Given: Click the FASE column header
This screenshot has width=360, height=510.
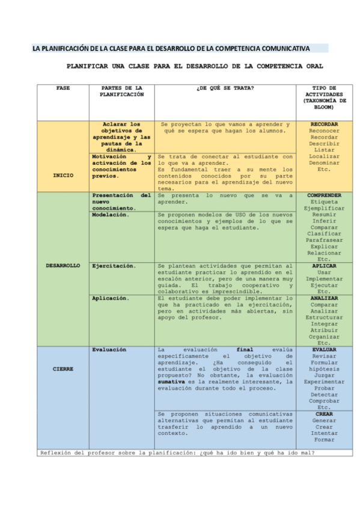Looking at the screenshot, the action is coord(63,88).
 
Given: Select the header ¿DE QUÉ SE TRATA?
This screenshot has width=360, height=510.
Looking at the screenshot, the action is coord(225,88).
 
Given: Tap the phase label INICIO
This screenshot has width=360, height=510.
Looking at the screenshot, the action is coord(63,176).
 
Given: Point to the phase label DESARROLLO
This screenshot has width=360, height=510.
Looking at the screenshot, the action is coord(63,265).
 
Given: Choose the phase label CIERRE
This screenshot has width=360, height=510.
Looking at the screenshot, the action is coord(63,369).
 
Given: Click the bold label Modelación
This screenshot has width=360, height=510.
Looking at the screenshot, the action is coord(111,215).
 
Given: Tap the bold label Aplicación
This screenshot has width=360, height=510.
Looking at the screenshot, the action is coord(111,298).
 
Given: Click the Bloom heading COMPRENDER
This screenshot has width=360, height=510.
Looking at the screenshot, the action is coord(324,195).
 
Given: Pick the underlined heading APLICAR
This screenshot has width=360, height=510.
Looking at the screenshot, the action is coord(324,265).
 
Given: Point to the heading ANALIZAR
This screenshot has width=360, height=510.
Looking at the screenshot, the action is coord(324,298).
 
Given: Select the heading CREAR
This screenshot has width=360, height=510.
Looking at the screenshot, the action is coord(324,414).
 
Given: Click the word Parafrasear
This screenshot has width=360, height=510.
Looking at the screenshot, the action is coord(324,240).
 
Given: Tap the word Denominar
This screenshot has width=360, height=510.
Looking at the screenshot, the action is coord(324,163).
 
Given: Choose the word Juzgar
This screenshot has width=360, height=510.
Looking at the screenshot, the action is coord(324,375).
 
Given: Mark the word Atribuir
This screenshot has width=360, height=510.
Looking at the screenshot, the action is coord(324,330).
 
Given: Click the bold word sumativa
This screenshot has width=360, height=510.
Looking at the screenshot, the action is coord(171,381).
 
